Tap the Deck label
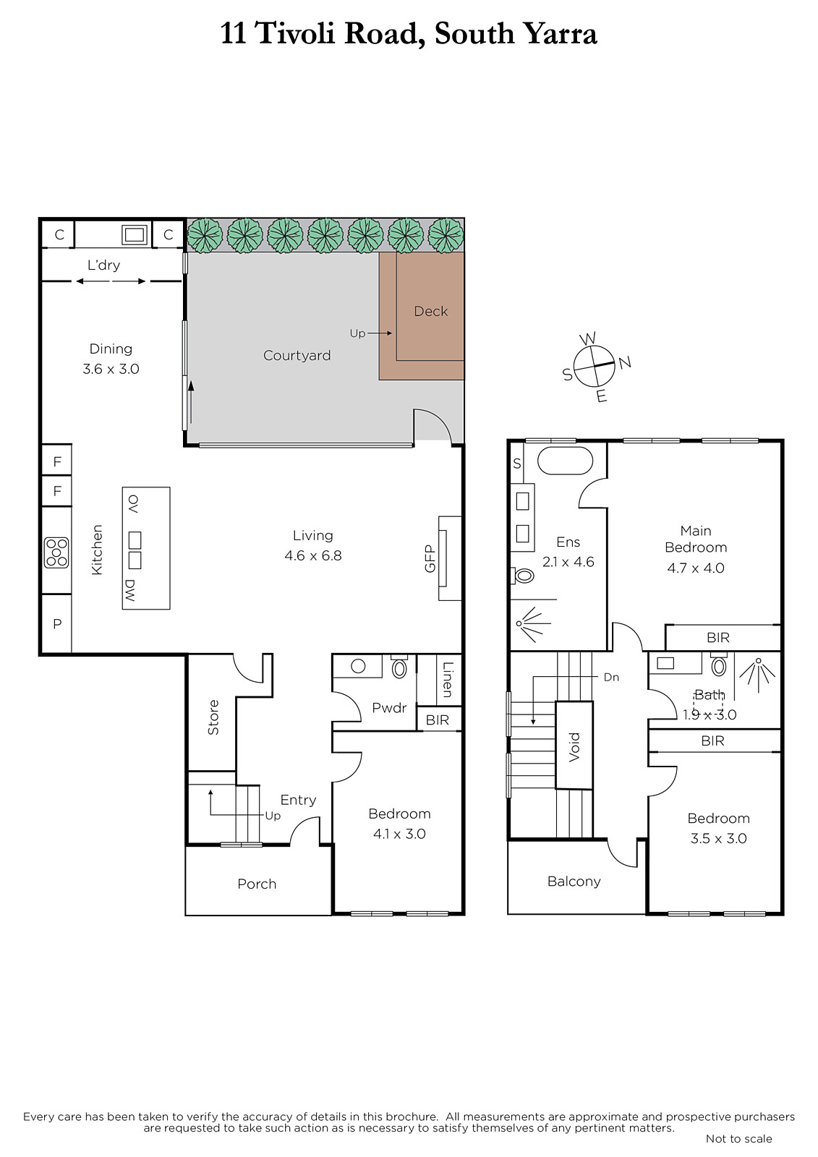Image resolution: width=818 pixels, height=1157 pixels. [430, 311]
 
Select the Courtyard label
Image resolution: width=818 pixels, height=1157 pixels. [297, 355]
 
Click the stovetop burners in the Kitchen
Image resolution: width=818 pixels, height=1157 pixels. [56, 552]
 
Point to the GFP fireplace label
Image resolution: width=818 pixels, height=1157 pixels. [430, 558]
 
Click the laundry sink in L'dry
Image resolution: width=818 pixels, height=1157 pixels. [135, 235]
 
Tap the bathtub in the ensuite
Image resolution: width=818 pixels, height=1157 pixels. [566, 461]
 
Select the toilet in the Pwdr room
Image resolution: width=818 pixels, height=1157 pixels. [399, 667]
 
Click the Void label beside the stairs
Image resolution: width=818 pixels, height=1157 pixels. [574, 747]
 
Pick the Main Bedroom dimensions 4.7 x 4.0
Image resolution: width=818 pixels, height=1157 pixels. [696, 568]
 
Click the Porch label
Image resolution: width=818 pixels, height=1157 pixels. [257, 884]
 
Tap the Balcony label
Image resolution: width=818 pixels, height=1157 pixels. [574, 881]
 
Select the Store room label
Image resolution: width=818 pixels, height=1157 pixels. [213, 717]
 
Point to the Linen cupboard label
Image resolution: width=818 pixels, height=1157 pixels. [448, 680]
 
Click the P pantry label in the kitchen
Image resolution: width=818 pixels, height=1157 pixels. [57, 623]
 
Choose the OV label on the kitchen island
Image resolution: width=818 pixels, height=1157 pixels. [133, 503]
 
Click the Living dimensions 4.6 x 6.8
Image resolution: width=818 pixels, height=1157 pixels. [312, 556]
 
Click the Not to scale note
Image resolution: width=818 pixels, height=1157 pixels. [738, 1138]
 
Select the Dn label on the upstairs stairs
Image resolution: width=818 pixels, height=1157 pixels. [611, 677]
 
